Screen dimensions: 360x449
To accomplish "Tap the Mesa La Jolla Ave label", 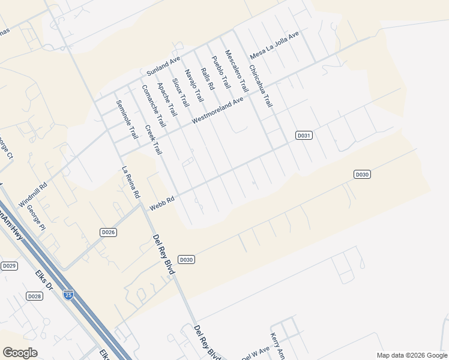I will click(x=274, y=46).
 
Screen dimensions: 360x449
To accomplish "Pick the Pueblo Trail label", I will click(x=221, y=74).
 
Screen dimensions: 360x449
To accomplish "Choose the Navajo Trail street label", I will click(x=194, y=85).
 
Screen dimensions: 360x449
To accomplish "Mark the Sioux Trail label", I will click(x=180, y=94).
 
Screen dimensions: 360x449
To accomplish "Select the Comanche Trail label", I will click(x=153, y=106).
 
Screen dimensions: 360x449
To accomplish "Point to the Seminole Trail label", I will click(x=127, y=119).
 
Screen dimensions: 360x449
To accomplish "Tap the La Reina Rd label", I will click(x=131, y=182).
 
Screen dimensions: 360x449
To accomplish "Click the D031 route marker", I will click(x=304, y=136).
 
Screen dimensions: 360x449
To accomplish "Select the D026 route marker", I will click(x=107, y=232).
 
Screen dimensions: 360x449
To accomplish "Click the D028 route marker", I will click(x=34, y=296).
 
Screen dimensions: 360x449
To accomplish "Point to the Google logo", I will click(x=20, y=353).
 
